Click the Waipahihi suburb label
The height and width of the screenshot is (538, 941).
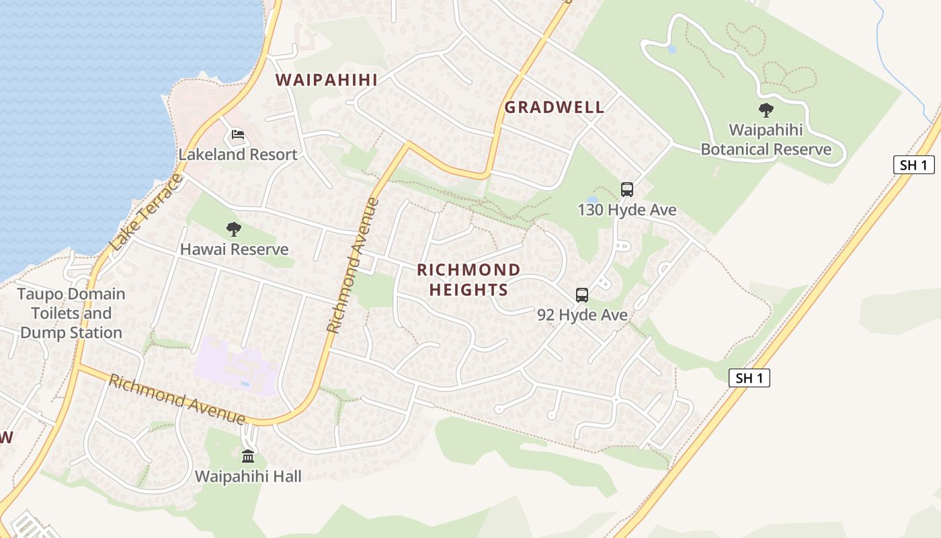[327, 79]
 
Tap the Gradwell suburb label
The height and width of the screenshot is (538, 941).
[555, 107]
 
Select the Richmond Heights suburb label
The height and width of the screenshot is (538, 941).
[468, 280]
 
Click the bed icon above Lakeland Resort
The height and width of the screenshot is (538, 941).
[237, 136]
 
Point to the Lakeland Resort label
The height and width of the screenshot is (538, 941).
[237, 155]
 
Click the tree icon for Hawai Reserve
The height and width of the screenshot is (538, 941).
[233, 229]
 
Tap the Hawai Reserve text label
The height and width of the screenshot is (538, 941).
[234, 249]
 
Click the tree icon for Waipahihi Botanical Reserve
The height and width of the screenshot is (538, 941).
[766, 110]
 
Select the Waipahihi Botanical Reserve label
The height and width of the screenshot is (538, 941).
[766, 139]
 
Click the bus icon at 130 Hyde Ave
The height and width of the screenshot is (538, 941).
[627, 190]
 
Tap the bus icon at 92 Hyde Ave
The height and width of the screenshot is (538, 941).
[582, 295]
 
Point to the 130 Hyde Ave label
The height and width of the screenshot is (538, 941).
[627, 210]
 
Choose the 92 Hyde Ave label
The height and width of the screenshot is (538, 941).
[582, 315]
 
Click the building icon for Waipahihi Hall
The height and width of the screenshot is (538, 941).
[248, 457]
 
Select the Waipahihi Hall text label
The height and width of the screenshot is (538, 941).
[248, 476]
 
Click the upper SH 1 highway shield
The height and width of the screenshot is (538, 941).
[914, 165]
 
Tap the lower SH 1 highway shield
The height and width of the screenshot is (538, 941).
[749, 378]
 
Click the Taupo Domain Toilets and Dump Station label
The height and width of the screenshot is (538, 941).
[71, 313]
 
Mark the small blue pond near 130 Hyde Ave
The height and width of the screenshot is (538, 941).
[592, 200]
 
